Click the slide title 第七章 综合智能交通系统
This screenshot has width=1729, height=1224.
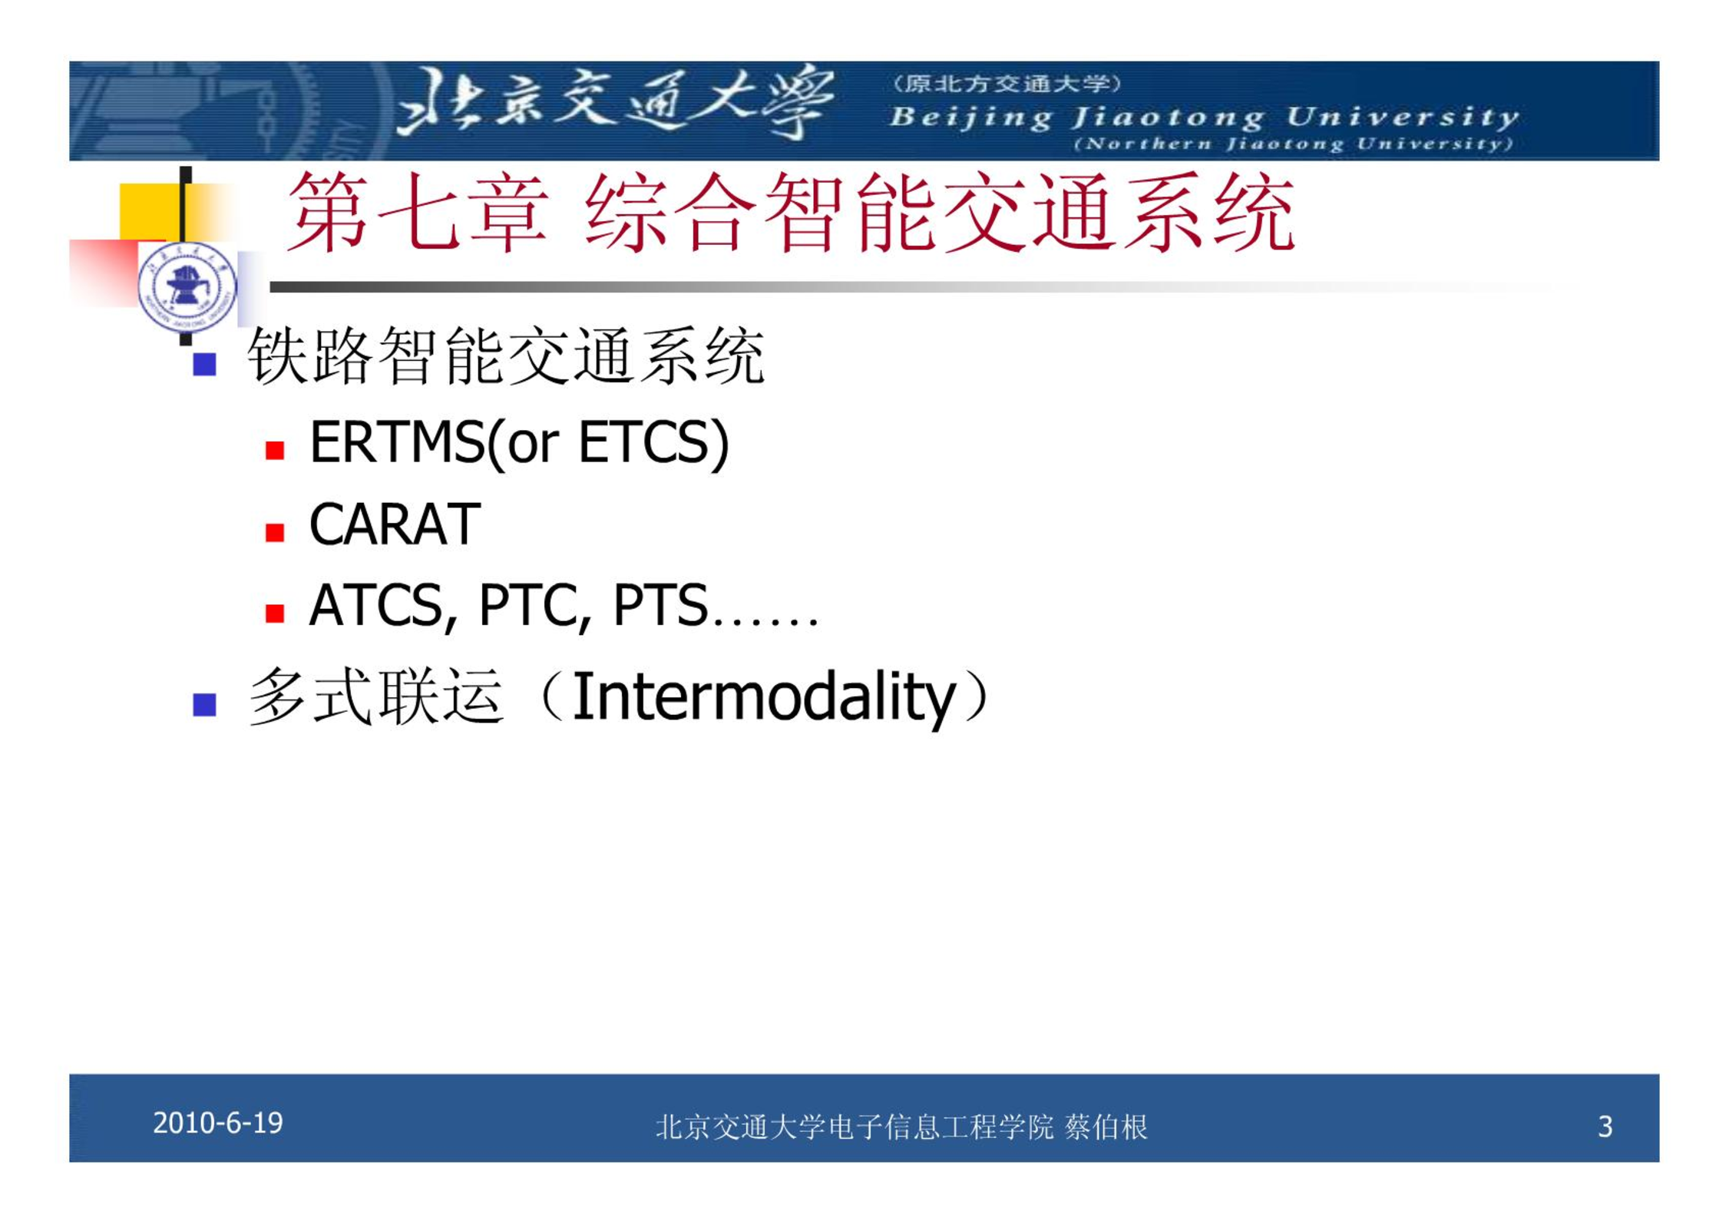[792, 213]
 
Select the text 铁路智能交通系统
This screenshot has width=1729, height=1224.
[506, 356]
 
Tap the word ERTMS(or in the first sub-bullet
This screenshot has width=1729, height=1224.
[435, 443]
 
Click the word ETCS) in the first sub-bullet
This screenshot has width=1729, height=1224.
[653, 443]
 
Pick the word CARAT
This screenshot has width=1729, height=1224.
[395, 524]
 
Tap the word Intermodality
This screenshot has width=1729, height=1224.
[763, 696]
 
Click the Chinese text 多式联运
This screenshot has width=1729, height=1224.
[376, 696]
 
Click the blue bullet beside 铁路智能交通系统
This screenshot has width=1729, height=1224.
[204, 364]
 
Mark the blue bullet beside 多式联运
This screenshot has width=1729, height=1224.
[204, 704]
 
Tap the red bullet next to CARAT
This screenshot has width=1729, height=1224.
[275, 532]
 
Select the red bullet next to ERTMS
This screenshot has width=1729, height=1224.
[275, 450]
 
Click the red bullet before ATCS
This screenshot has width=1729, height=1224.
[275, 613]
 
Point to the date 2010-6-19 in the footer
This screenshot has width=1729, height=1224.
[218, 1123]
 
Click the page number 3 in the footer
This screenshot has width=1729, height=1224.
[1605, 1126]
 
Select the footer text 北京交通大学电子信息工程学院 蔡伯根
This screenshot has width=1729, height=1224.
[901, 1127]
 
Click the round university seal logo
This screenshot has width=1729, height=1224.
[187, 289]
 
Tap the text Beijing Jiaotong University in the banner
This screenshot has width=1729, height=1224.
[1204, 117]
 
